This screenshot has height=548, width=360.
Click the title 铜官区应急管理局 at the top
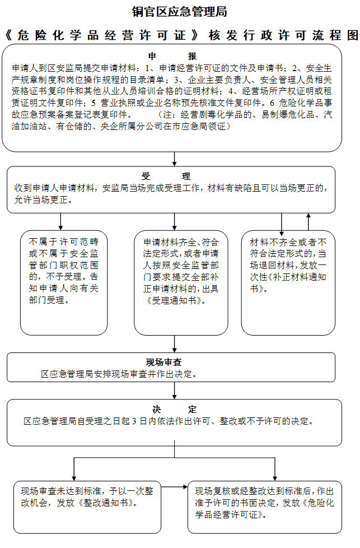coord(179,12)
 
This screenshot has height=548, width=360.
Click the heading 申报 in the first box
coord(172,56)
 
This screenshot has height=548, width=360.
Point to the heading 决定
coord(174,410)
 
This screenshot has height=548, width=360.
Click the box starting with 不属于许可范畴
coord(64,282)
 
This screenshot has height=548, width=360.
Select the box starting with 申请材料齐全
coord(181,282)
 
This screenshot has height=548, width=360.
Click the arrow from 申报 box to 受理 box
coord(174,159)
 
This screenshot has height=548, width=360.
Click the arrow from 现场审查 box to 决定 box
coord(174,391)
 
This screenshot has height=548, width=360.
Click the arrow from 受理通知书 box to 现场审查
coord(174,343)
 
